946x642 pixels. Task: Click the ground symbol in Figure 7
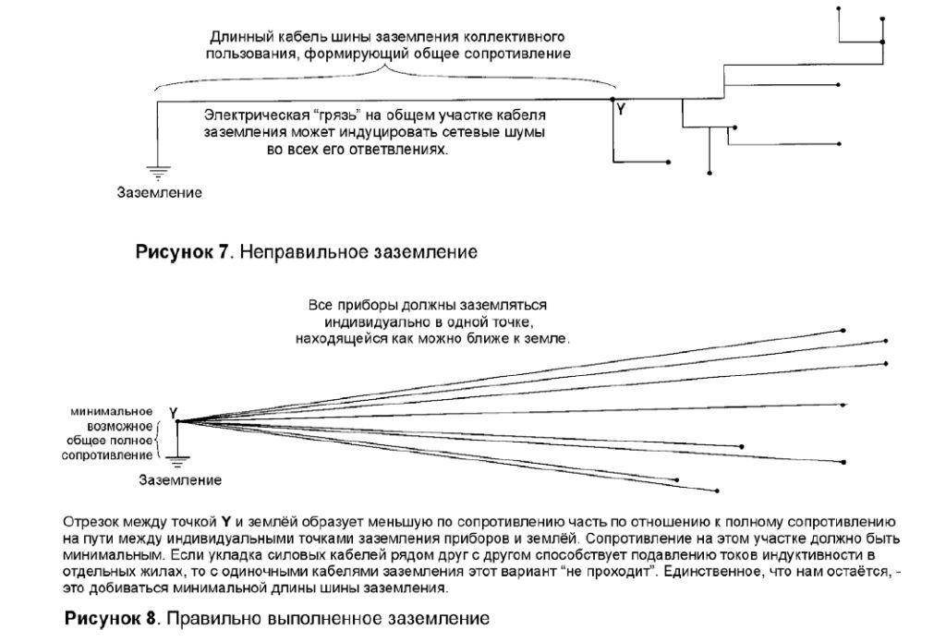(x=158, y=171)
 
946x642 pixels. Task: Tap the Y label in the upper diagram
(x=621, y=110)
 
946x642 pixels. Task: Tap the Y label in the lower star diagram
(x=174, y=411)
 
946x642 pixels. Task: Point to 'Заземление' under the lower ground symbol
(x=180, y=480)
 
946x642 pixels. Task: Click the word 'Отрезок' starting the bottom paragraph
(x=90, y=522)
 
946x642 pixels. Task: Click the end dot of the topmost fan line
(x=843, y=330)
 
